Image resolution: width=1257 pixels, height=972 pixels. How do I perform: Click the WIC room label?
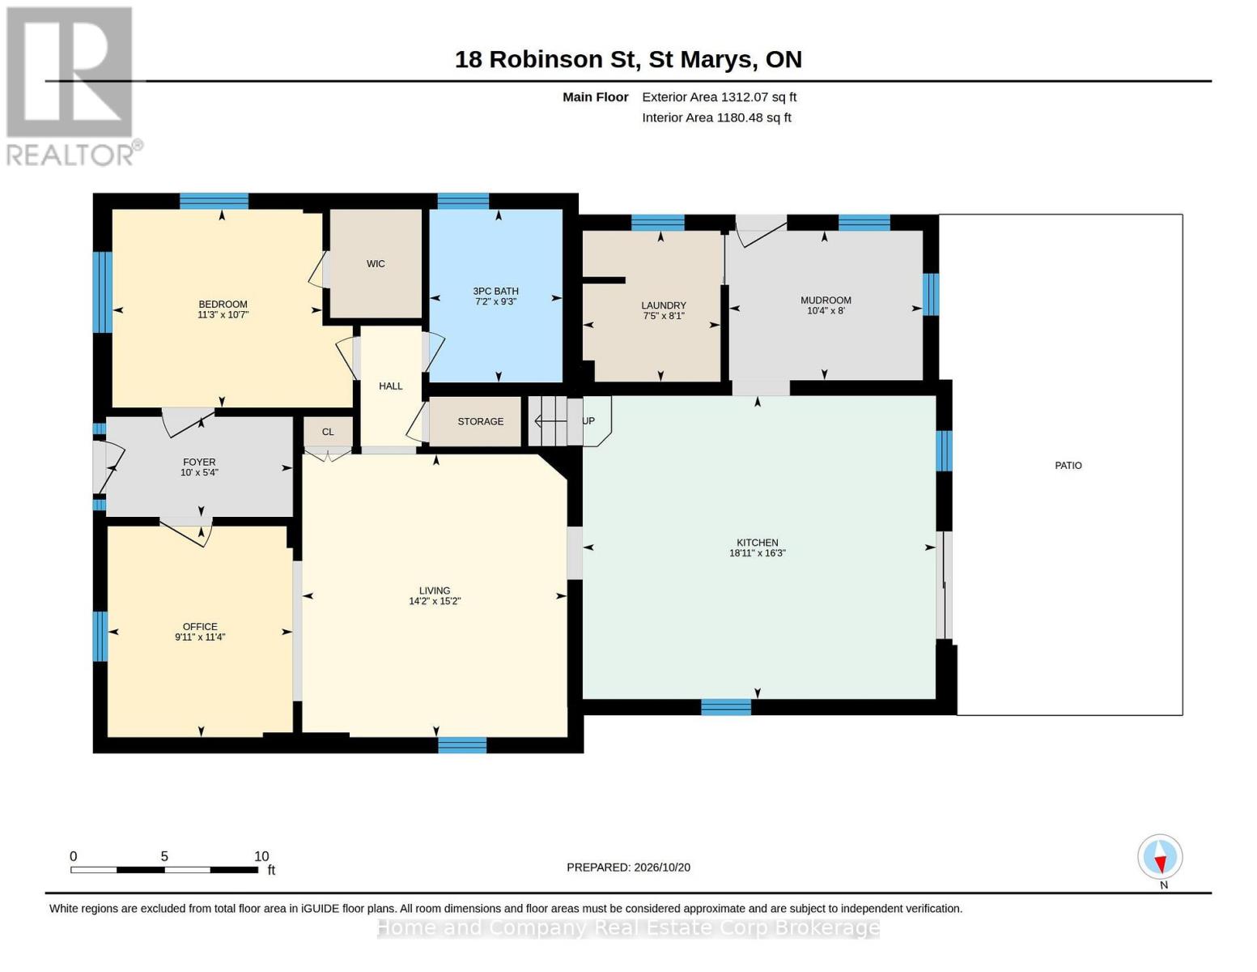tap(376, 264)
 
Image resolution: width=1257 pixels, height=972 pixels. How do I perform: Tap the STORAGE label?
tap(480, 421)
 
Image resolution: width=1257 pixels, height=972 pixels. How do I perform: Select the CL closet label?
tap(328, 432)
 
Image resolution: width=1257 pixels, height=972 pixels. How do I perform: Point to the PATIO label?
tap(1068, 466)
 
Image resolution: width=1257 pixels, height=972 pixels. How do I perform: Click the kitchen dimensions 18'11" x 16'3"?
tap(758, 553)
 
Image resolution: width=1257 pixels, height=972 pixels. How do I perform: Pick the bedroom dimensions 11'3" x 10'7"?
tap(223, 315)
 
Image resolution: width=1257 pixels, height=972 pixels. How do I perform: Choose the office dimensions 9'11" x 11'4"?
tap(200, 637)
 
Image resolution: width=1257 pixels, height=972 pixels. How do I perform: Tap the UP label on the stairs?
tap(588, 421)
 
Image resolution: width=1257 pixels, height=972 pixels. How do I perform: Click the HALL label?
tap(390, 386)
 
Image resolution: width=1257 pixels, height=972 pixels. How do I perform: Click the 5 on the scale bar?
tap(164, 856)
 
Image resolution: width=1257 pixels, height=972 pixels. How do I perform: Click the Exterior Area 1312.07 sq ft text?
tap(719, 97)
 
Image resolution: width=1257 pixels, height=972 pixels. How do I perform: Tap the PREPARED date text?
tap(628, 868)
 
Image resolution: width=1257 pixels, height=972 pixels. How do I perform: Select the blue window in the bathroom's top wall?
tap(463, 201)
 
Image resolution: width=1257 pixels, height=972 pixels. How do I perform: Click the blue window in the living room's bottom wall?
tap(462, 745)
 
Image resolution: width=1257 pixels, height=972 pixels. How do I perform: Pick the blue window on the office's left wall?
tap(100, 636)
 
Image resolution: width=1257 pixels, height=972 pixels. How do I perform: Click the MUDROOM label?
tap(826, 301)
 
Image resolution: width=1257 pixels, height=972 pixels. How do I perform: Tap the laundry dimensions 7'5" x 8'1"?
tap(664, 316)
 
